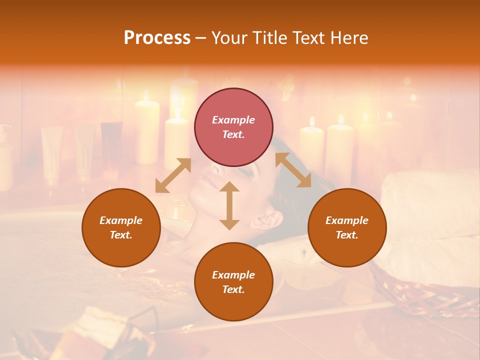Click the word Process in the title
157,38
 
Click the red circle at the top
233,127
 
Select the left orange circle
121,227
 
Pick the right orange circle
347,227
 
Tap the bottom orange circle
233,282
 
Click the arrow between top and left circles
173,175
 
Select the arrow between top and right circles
293,170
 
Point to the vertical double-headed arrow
229,205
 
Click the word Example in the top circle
233,120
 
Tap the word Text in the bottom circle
233,289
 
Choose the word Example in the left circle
121,220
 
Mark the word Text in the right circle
347,235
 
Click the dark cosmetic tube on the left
111,145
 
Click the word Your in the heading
228,38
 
